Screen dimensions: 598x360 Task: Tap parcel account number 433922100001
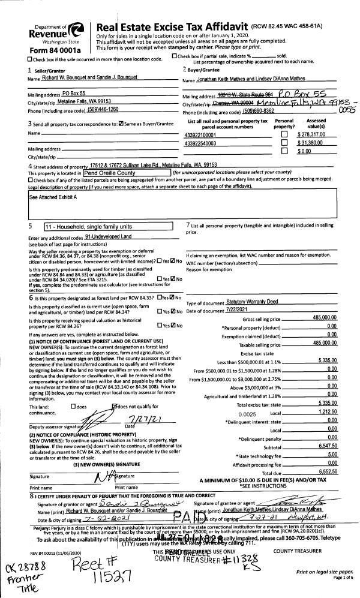[202, 136]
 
